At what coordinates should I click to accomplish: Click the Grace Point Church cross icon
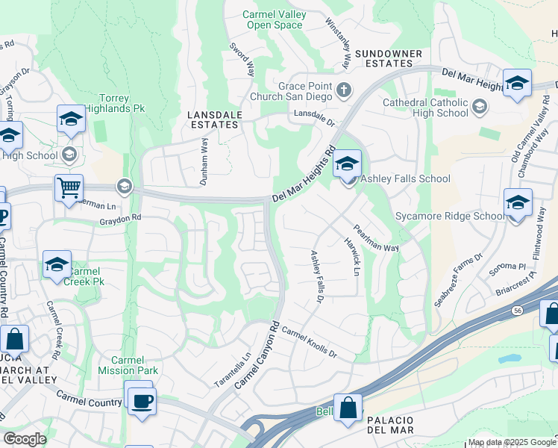coord(343,91)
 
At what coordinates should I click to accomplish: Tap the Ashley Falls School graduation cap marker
coord(348,164)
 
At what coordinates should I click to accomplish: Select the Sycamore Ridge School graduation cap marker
coord(518,202)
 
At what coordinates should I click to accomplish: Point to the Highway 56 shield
coord(515,309)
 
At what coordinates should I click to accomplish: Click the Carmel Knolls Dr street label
coord(310,341)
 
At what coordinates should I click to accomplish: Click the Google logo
coord(25,439)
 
